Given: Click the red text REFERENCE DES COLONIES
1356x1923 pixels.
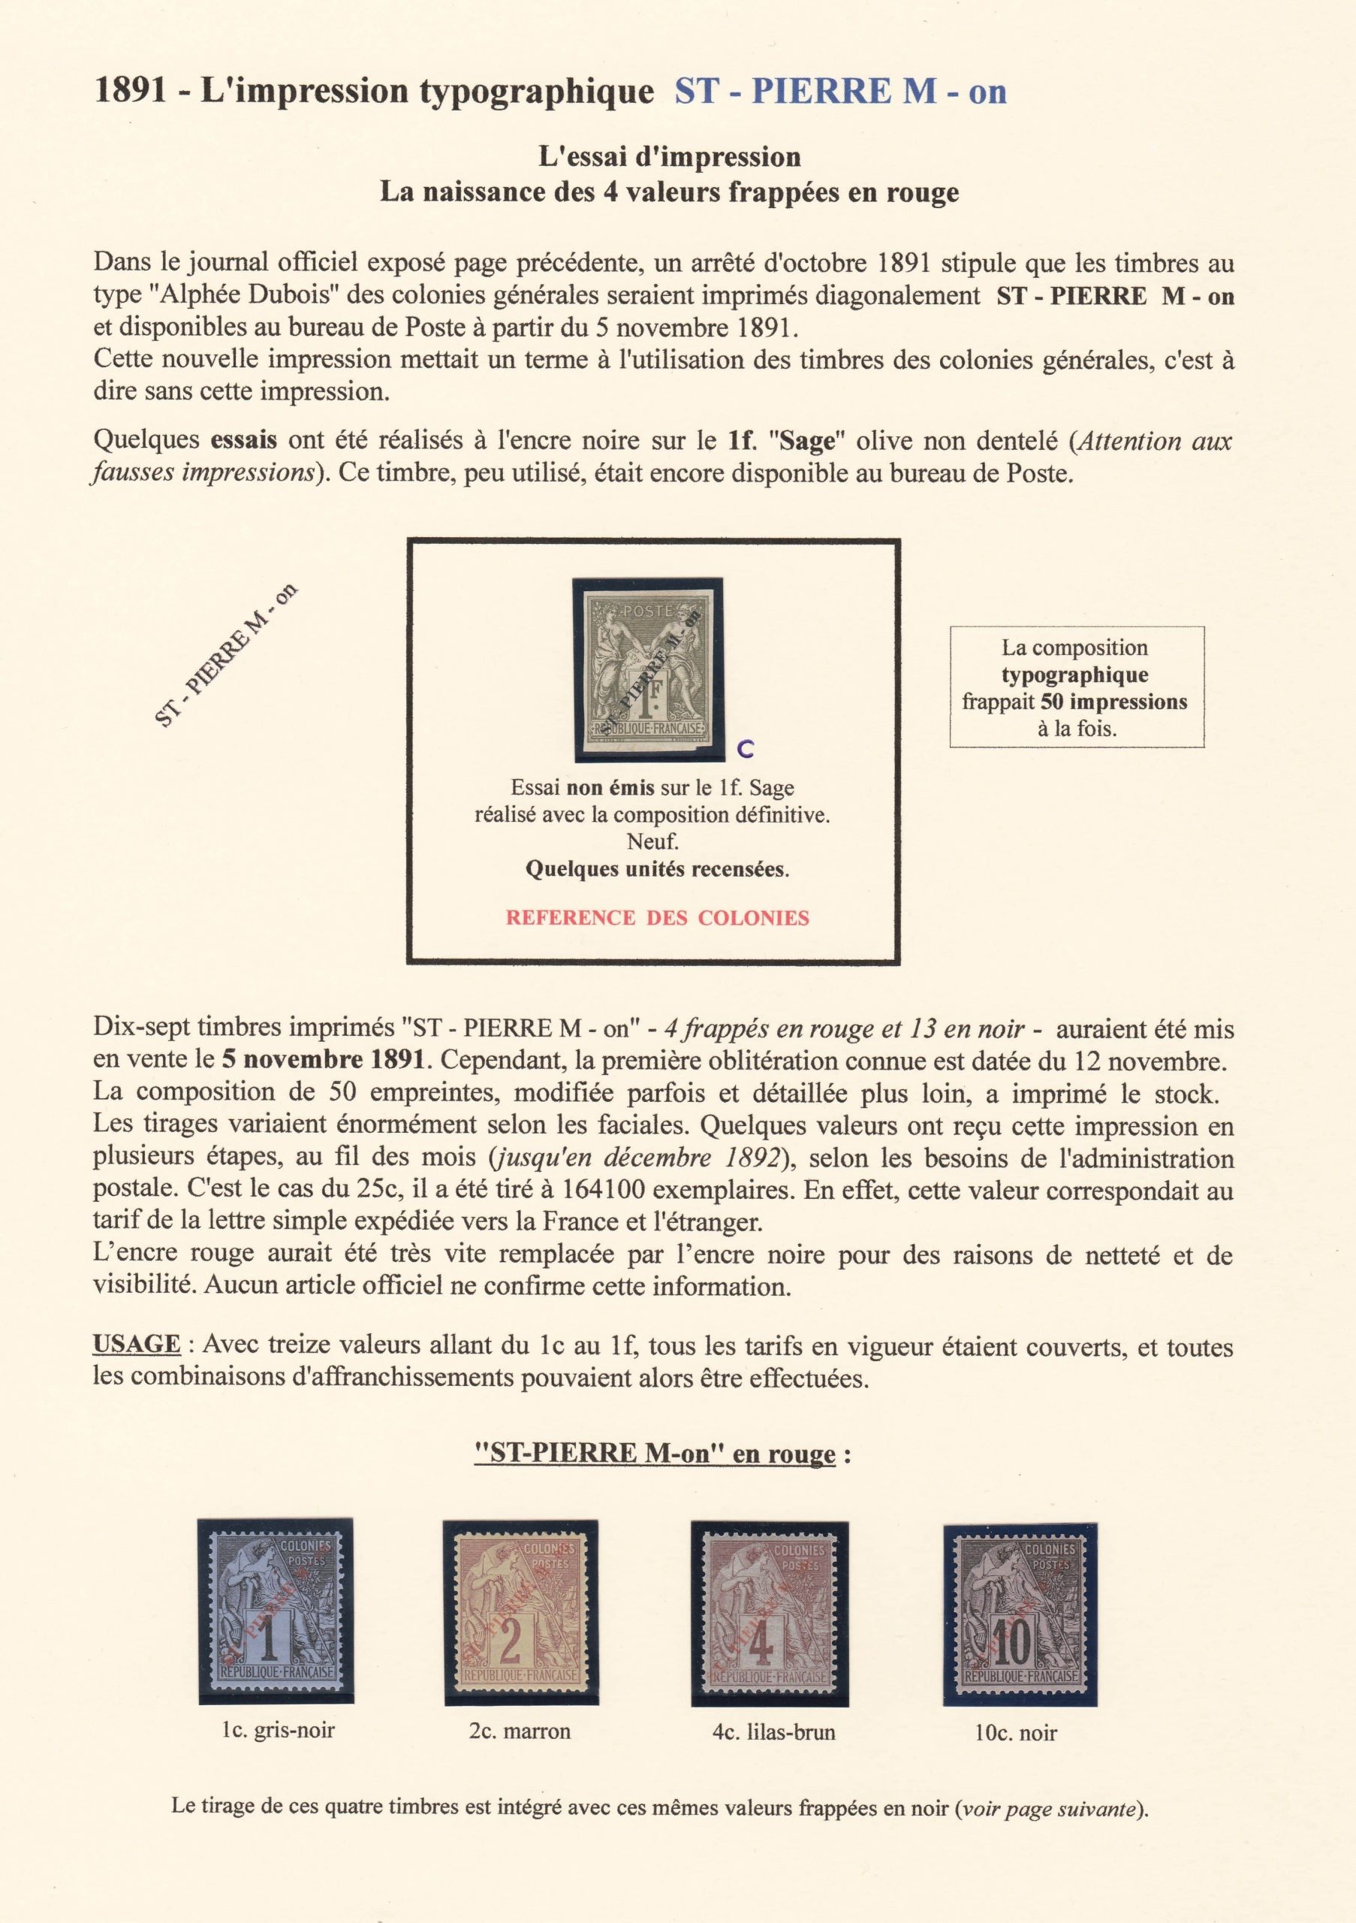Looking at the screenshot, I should (657, 918).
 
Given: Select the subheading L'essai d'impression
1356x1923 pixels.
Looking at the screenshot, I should (669, 157).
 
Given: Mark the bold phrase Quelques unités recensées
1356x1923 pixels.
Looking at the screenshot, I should (657, 869).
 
